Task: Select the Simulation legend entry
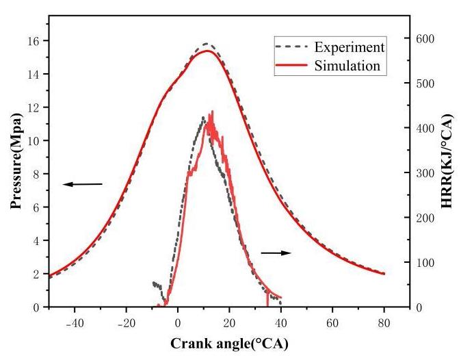coord(347,66)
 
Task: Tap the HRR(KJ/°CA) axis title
coord(448,167)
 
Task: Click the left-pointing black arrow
coord(82,184)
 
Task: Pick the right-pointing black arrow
coord(276,253)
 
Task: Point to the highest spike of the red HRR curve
coord(212,111)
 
